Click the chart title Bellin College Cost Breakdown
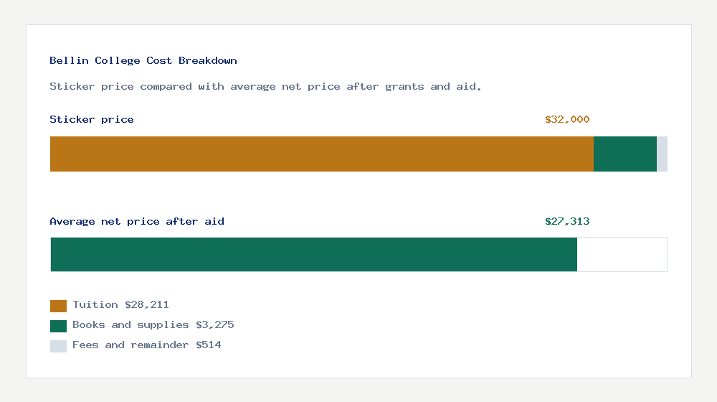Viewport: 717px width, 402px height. [x=143, y=61]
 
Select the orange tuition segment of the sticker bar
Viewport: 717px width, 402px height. [x=321, y=154]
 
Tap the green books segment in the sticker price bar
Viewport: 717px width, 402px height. [x=625, y=154]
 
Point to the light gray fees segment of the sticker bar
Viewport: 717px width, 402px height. [x=662, y=154]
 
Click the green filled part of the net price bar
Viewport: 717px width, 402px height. [x=313, y=254]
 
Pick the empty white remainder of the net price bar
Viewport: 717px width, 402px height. [x=622, y=254]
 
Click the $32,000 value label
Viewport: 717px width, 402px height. [x=567, y=120]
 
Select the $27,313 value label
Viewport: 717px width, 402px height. [x=567, y=222]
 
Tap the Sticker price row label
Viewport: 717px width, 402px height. [x=92, y=120]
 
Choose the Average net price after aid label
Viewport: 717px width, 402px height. [x=137, y=222]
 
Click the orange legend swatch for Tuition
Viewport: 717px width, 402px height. [x=58, y=306]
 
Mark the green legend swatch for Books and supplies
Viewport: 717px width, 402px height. [x=58, y=326]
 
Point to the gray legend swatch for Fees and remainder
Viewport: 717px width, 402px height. [x=58, y=346]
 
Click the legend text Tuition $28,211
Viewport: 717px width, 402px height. [x=120, y=305]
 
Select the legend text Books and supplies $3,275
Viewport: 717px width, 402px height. [x=153, y=325]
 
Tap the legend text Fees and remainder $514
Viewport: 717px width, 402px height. [x=146, y=345]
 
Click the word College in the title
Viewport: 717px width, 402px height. [x=117, y=61]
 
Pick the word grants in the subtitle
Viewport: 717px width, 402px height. [x=404, y=87]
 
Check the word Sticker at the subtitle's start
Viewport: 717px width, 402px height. [x=69, y=87]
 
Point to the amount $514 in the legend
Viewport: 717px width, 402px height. [x=208, y=345]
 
